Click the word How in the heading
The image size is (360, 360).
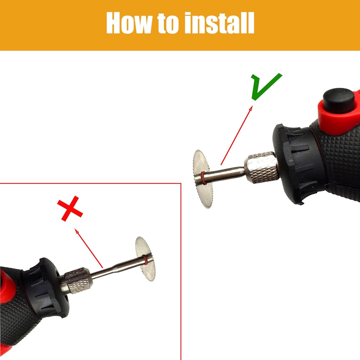coord(129,23)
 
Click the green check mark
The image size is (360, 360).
coord(266,86)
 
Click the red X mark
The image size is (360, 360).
coord(70,208)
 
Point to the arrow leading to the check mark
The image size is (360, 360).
coord(237,135)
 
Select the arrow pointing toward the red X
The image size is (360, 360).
coord(89,248)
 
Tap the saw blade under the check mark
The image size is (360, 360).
coord(202,179)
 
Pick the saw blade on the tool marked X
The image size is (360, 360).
coord(145,258)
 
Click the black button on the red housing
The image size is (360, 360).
coord(339,100)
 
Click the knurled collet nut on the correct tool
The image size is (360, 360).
coord(261,167)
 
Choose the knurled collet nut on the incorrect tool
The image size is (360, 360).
coord(76,280)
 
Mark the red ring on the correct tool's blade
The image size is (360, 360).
coord(203,178)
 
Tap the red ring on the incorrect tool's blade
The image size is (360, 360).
coord(145,260)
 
